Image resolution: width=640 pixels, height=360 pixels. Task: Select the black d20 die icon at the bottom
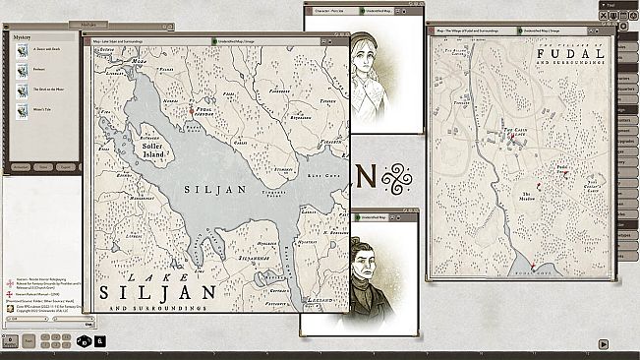pos(86,342)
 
